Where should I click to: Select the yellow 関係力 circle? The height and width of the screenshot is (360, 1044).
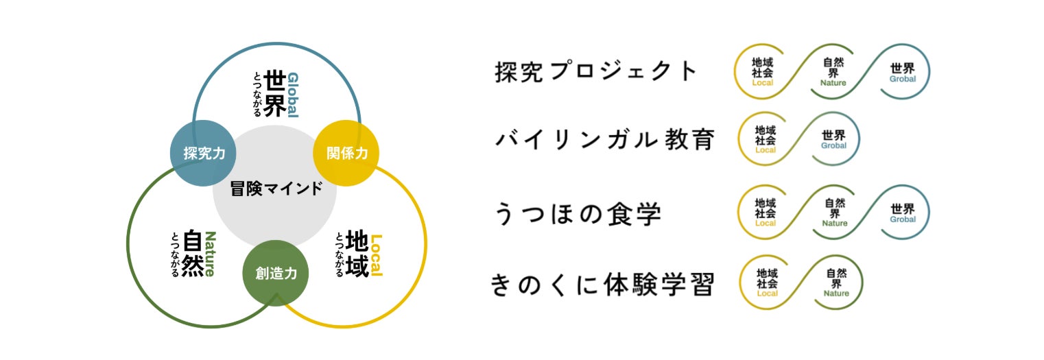[346, 153]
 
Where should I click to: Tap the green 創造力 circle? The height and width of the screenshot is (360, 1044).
[276, 273]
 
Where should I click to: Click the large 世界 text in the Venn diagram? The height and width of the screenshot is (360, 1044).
[274, 94]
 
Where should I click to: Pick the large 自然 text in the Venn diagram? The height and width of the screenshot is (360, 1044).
[193, 255]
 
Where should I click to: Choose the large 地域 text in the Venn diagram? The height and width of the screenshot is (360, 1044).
[357, 254]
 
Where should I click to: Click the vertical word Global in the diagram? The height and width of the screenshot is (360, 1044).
[293, 95]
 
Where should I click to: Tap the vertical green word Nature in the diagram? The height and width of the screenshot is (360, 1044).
[210, 254]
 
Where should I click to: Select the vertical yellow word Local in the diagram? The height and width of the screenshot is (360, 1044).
[375, 255]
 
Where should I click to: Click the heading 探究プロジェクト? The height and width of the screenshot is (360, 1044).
[596, 72]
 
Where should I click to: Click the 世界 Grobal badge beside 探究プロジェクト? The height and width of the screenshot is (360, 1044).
[902, 72]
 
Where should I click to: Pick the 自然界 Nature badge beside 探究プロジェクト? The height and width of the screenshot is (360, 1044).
[833, 72]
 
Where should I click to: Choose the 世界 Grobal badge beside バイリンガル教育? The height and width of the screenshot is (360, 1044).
[833, 139]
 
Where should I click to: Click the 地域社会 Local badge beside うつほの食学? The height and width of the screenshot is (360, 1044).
[765, 213]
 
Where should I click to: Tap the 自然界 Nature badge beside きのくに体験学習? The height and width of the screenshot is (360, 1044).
[835, 283]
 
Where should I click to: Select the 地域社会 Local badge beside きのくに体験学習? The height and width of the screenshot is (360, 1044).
[767, 283]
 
